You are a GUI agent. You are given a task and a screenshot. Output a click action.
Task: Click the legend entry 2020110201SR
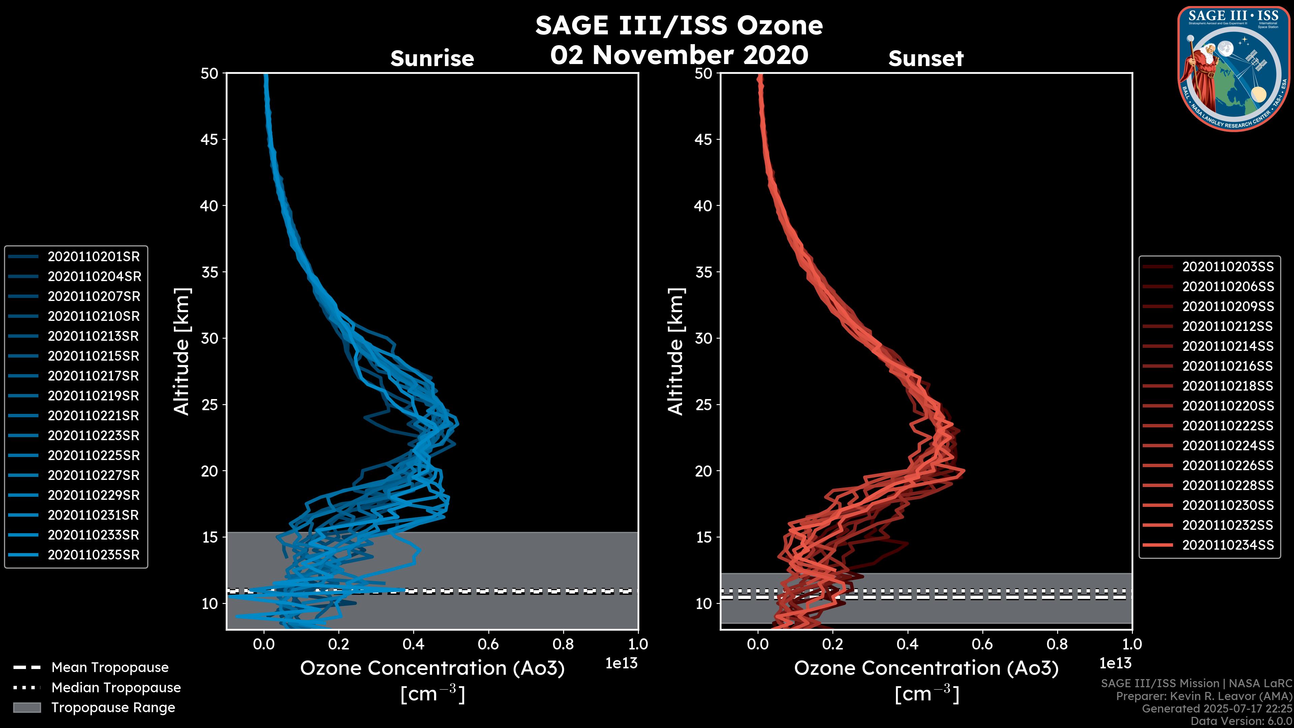[93, 257]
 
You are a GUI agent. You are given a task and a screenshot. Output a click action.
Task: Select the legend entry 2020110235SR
[93, 555]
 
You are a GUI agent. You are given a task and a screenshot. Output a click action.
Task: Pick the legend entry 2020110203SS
[1228, 267]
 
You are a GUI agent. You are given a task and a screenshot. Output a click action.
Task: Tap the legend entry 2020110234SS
[1228, 545]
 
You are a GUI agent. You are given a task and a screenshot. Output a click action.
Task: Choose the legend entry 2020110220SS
[1228, 406]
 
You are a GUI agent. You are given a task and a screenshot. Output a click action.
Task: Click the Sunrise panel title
[432, 58]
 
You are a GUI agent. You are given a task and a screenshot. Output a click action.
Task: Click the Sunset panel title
[926, 58]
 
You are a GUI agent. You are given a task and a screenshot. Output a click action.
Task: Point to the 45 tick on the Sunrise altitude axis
[210, 140]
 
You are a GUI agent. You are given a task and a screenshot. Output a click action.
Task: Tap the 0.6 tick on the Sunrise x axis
[488, 644]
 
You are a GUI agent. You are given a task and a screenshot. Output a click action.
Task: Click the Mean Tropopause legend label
[110, 668]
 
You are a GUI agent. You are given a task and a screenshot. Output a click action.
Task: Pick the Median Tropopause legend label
[116, 688]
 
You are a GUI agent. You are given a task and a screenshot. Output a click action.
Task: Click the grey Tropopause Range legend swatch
[27, 707]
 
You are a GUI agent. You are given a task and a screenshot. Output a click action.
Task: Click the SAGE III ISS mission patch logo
[1233, 68]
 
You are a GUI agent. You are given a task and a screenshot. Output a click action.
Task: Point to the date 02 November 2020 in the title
[679, 55]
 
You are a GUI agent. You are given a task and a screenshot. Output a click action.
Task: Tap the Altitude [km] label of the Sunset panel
[676, 351]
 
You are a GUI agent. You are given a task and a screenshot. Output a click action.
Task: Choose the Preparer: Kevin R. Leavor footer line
[1204, 696]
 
